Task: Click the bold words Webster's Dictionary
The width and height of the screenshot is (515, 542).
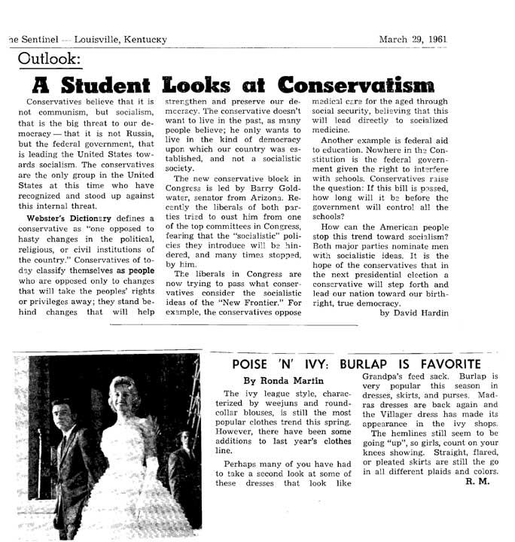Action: coord(66,218)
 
